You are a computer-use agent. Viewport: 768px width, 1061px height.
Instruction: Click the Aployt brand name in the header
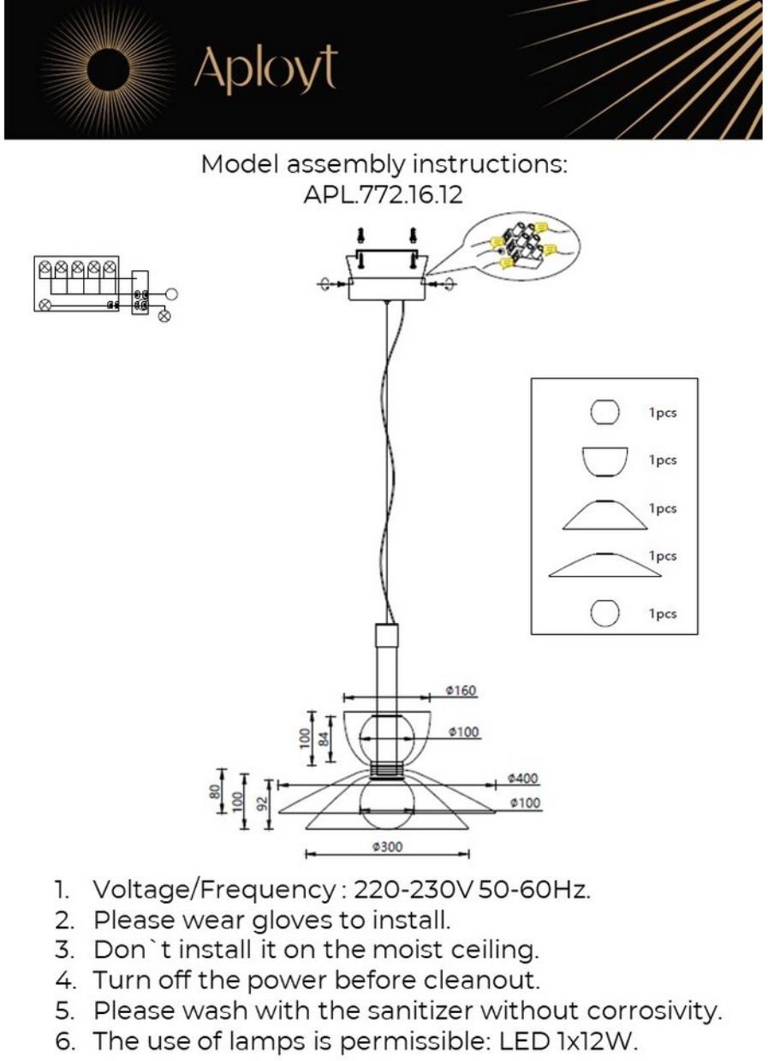(x=265, y=69)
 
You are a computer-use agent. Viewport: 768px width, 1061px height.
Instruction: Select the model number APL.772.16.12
(x=383, y=195)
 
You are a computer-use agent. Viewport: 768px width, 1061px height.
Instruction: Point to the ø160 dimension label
(x=461, y=691)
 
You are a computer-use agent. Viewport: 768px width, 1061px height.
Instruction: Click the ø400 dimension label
(x=522, y=779)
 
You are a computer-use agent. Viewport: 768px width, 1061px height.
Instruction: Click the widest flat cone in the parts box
(x=604, y=564)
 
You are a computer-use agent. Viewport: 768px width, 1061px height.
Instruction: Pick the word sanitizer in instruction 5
(x=415, y=1010)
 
